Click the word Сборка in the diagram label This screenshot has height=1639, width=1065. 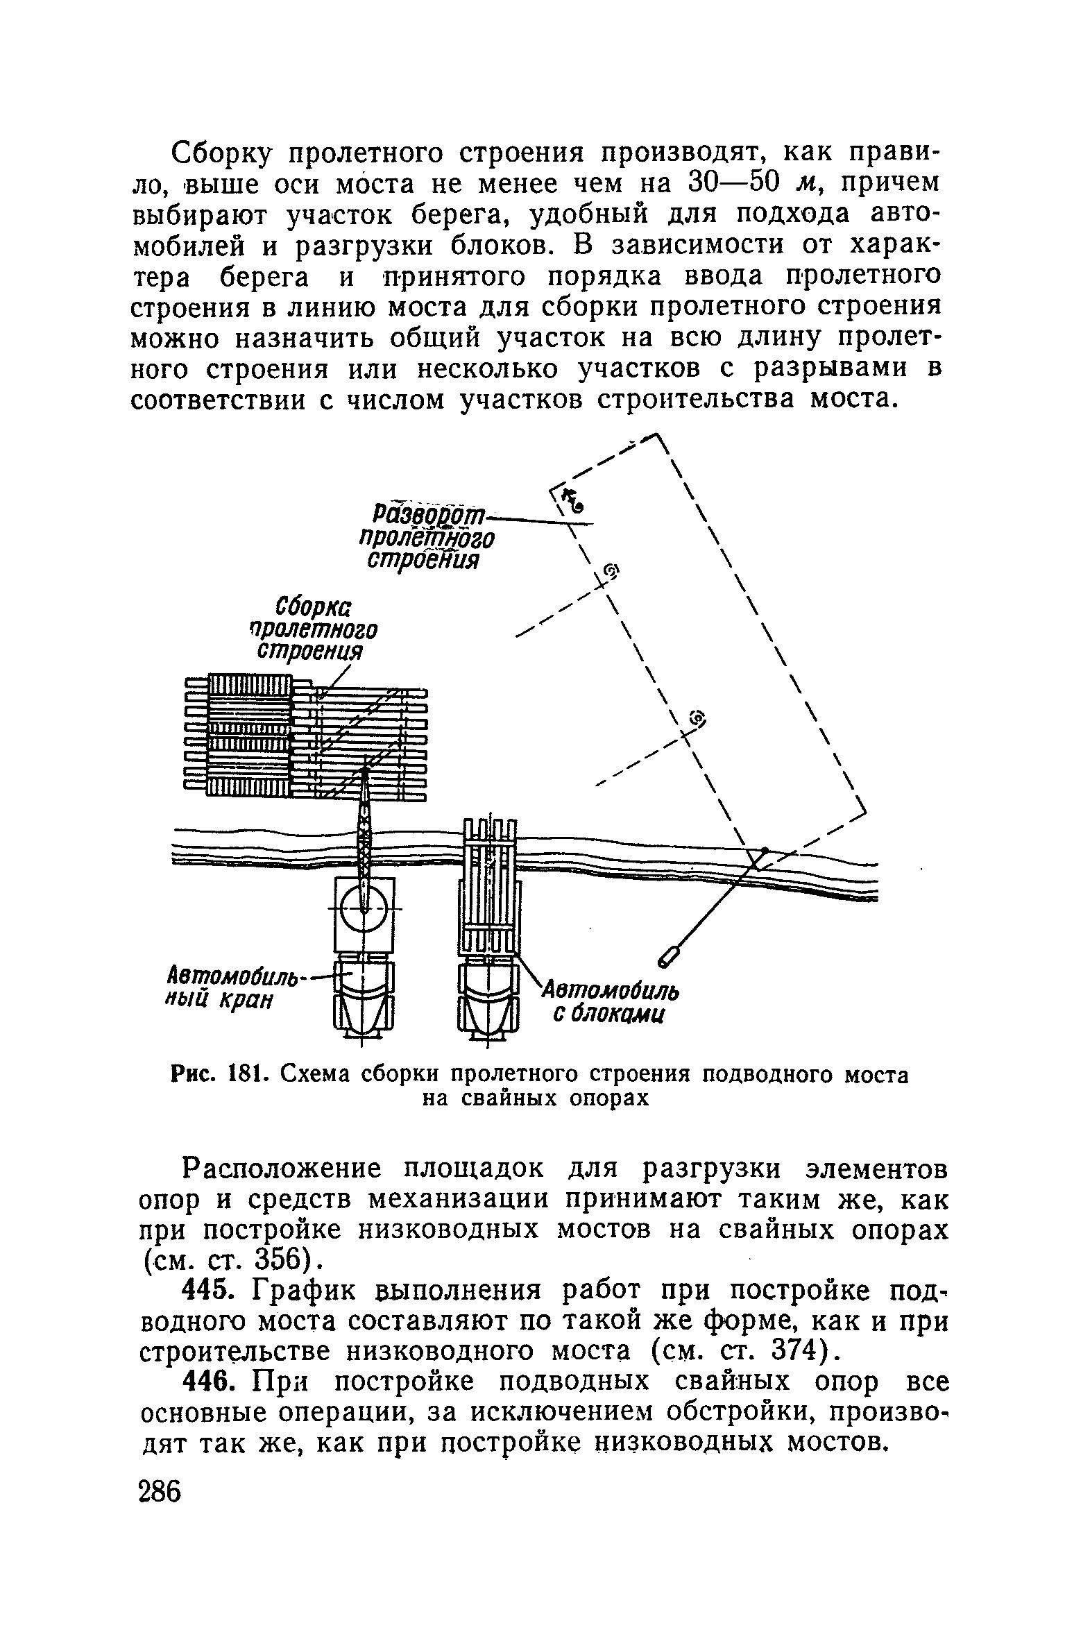click(314, 605)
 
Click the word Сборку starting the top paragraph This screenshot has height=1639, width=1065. click(221, 152)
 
